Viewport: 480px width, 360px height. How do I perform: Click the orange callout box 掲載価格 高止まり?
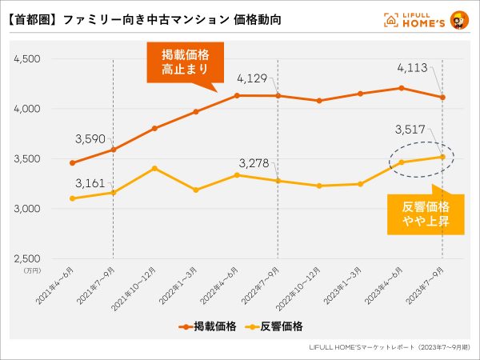tap(185, 62)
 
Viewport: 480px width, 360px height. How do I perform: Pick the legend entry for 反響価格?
tap(273, 326)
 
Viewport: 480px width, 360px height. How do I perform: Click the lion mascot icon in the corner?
tap(460, 18)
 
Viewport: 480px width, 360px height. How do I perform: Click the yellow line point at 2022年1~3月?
tap(195, 190)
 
